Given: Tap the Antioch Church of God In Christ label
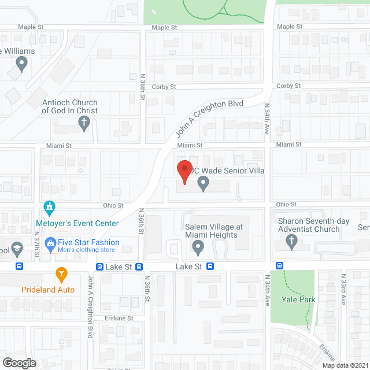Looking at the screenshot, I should pyautogui.click(x=70, y=106).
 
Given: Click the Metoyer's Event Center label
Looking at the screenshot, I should pyautogui.click(x=77, y=223).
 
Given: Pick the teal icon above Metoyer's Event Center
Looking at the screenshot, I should pyautogui.click(x=50, y=207).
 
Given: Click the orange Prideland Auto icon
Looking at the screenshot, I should pyautogui.click(x=60, y=273).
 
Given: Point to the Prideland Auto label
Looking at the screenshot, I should pyautogui.click(x=48, y=290).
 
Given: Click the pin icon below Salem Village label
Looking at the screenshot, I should pyautogui.click(x=198, y=247).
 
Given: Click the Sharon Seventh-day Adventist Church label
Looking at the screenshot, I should pyautogui.click(x=313, y=225).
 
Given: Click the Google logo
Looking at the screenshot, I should pyautogui.click(x=19, y=363).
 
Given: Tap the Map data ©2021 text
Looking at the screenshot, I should pyautogui.click(x=346, y=365).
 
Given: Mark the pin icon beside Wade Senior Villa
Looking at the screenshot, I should pyautogui.click(x=203, y=184).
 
